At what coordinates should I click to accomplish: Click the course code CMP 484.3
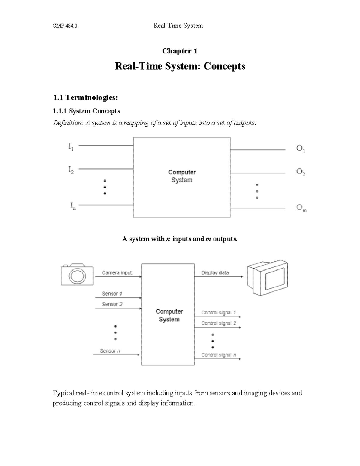(x=65, y=26)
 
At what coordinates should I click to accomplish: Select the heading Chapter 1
(x=180, y=51)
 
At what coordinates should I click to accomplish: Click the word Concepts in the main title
(x=224, y=66)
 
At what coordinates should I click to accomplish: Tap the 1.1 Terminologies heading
(x=85, y=98)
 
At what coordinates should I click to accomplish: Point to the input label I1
(x=71, y=147)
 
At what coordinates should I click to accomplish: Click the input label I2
(x=71, y=170)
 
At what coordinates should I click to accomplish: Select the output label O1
(x=301, y=149)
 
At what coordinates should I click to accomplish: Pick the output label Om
(x=301, y=208)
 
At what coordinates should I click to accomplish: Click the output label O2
(x=301, y=172)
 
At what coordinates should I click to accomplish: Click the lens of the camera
(x=77, y=276)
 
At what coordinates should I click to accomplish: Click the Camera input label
(x=117, y=273)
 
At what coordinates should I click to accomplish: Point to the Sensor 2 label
(x=112, y=304)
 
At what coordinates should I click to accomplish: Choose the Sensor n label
(x=110, y=351)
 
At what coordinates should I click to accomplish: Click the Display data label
(x=215, y=273)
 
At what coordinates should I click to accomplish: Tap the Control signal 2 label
(x=219, y=323)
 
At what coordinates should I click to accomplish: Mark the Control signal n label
(x=219, y=355)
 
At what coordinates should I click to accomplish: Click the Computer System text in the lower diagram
(x=169, y=315)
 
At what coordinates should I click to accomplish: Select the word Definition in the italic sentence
(x=68, y=123)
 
